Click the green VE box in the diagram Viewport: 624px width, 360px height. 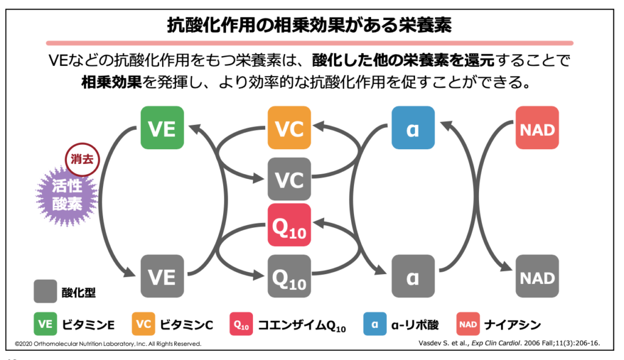(x=162, y=128)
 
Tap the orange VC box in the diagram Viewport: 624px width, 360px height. (x=289, y=128)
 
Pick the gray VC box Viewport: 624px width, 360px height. (x=289, y=179)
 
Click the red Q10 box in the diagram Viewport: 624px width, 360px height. (x=289, y=225)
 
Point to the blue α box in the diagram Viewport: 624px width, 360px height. (x=413, y=128)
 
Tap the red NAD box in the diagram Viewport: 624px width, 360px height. (x=537, y=128)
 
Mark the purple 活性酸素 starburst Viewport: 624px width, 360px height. (x=66, y=194)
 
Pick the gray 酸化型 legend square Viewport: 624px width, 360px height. (x=45, y=292)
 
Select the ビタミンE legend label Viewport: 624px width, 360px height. (x=88, y=324)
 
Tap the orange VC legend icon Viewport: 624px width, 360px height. (x=143, y=324)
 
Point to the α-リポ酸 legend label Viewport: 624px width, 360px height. (x=414, y=324)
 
